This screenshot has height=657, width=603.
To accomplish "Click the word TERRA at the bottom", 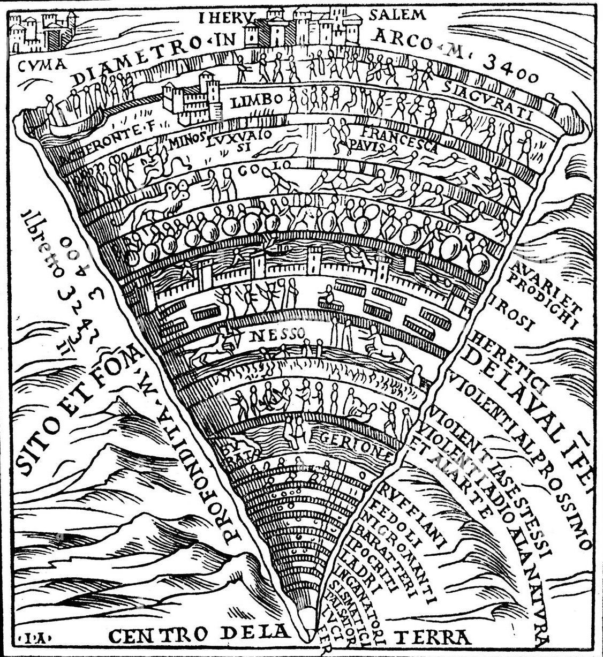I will coord(433,637).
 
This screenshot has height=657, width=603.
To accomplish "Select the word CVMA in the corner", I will coord(40,66).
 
